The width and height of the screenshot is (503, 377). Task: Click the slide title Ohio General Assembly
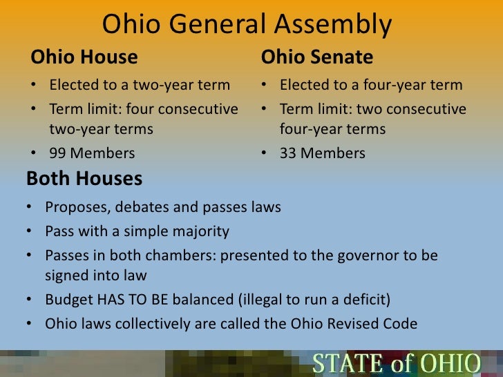click(x=247, y=26)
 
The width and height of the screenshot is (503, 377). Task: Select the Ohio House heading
click(x=84, y=56)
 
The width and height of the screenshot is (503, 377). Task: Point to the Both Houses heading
click(x=84, y=179)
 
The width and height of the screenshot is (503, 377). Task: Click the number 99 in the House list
click(x=59, y=153)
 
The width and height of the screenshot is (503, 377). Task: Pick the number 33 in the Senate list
click(x=289, y=153)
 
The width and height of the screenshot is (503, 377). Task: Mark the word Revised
click(x=351, y=323)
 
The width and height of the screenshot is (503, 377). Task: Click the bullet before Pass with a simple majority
click(x=32, y=231)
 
